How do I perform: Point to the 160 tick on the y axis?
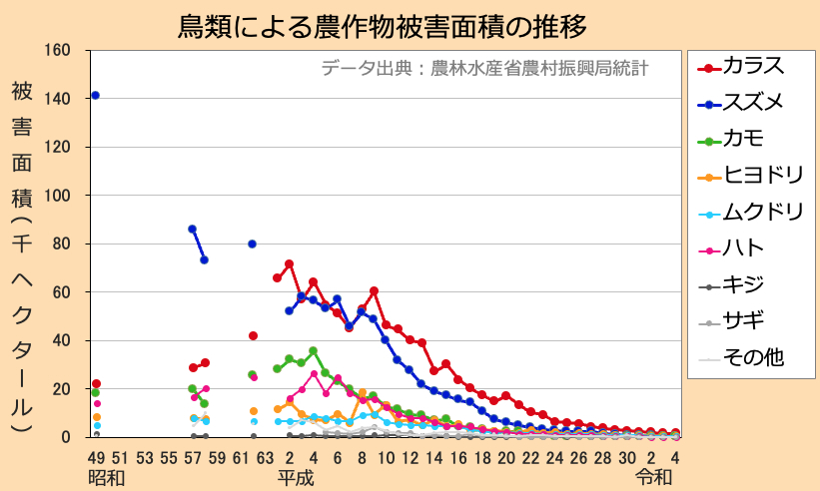click(57, 51)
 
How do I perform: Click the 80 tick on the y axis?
click(61, 244)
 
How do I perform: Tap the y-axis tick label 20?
click(61, 389)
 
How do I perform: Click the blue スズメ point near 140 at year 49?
click(95, 95)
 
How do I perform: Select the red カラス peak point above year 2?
click(289, 264)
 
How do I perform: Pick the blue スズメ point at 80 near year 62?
click(252, 244)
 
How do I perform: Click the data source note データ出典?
click(485, 69)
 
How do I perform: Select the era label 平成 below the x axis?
click(296, 477)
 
